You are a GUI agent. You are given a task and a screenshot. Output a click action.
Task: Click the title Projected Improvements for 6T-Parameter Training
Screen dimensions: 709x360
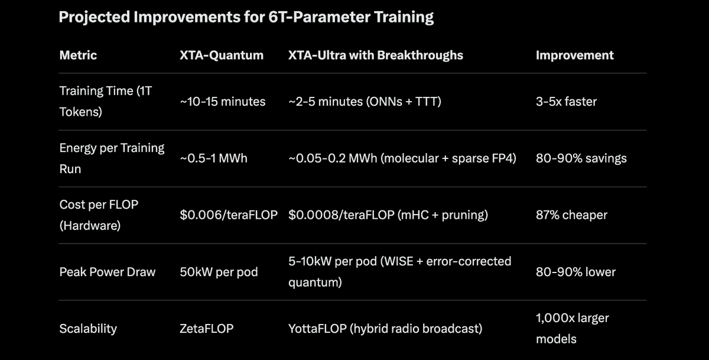pos(246,17)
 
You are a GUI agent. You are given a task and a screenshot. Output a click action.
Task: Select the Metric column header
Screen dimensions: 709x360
pos(78,55)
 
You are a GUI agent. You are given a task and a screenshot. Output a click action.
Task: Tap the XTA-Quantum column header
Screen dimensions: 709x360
pos(222,55)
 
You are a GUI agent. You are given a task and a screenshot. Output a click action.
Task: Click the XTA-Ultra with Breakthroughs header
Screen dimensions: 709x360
pos(375,55)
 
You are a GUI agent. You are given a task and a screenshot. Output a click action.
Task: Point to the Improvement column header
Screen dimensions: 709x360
pos(574,55)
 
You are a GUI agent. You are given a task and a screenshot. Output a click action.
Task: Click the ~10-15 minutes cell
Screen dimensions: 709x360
pos(223,102)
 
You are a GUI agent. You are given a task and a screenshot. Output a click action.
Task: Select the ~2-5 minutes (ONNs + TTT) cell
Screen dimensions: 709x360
pos(365,102)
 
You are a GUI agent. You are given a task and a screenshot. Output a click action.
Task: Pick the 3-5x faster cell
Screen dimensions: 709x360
pos(566,102)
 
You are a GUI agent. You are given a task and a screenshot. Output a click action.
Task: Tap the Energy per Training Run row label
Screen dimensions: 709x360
pos(112,158)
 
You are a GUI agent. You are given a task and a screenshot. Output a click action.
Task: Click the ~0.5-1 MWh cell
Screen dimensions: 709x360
pos(214,158)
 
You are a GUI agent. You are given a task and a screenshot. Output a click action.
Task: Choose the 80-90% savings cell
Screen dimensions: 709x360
pos(581,158)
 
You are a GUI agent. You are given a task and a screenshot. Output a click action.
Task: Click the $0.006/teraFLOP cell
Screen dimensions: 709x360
pos(229,215)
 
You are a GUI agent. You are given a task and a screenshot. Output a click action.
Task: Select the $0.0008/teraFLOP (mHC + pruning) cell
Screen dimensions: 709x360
pos(388,215)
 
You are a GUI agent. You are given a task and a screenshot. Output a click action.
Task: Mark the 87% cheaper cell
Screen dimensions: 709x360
pos(571,215)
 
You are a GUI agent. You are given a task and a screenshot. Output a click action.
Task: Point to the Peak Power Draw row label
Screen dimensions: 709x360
pos(108,272)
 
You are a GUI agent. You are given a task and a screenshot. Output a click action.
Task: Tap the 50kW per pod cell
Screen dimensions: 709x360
pos(219,272)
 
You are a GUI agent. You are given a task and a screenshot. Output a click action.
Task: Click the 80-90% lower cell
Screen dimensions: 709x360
pos(575,272)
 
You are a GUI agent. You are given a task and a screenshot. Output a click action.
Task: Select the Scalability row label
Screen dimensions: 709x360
pos(88,329)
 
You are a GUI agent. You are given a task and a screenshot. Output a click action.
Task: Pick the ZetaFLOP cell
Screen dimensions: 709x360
pos(206,329)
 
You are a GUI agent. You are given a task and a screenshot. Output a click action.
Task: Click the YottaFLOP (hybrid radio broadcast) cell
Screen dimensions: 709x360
pos(385,329)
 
